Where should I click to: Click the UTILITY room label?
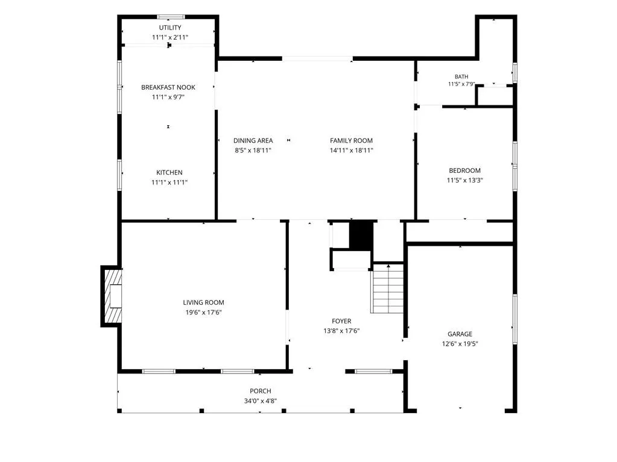pos(170,28)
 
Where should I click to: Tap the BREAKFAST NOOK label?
pos(168,87)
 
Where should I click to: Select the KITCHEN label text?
pos(169,172)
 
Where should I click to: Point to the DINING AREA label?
pos(253,140)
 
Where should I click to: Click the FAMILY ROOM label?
pos(351,140)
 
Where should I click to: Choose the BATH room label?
pos(461,76)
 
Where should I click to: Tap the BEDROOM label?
pos(465,170)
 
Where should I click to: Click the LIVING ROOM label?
pos(203,302)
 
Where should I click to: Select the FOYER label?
pos(341,321)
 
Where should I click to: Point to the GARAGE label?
pos(460,334)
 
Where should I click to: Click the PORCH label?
pos(260,391)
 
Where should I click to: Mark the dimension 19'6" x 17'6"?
pos(203,313)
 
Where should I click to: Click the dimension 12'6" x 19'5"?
pos(460,344)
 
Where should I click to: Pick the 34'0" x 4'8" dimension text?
pos(260,401)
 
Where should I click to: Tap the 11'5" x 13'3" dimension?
pos(465,180)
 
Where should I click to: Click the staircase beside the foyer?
pos(387,289)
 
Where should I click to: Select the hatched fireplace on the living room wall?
pos(112,296)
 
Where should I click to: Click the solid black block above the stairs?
pos(361,236)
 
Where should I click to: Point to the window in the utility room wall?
pos(171,17)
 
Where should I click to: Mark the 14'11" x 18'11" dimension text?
pos(351,150)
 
